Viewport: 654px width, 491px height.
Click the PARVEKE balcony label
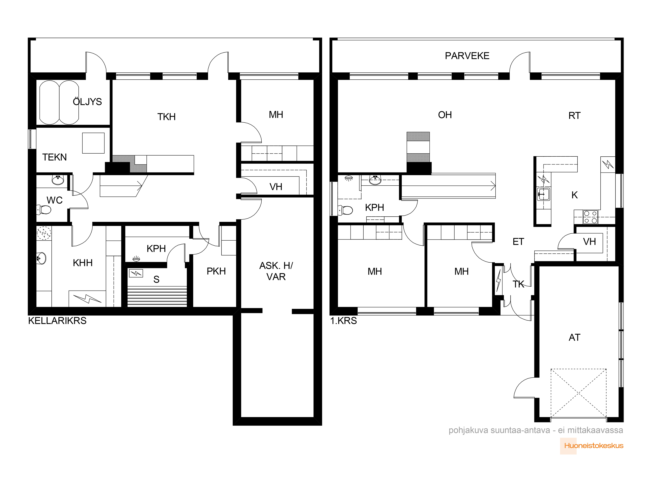pyautogui.click(x=467, y=56)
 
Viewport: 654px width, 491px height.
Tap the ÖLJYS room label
pyautogui.click(x=87, y=101)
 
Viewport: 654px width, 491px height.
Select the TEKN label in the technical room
pyautogui.click(x=54, y=157)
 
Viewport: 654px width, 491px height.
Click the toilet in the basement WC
pyautogui.click(x=44, y=210)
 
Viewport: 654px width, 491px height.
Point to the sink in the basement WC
pyautogui.click(x=58, y=180)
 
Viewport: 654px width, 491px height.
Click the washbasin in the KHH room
pyautogui.click(x=41, y=258)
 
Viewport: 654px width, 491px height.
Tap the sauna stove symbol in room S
pyautogui.click(x=136, y=273)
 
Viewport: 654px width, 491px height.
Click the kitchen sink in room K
pyautogui.click(x=543, y=194)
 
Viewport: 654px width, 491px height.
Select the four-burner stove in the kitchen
pyautogui.click(x=590, y=217)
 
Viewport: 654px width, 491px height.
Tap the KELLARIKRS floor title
pyautogui.click(x=57, y=321)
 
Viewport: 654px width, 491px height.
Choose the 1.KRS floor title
pyautogui.click(x=344, y=321)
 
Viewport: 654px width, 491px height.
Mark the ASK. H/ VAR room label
pyautogui.click(x=276, y=271)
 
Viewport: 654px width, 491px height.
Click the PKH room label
pyautogui.click(x=216, y=271)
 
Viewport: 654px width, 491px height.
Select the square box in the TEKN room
pyautogui.click(x=94, y=143)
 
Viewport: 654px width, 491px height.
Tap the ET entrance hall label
pyautogui.click(x=518, y=242)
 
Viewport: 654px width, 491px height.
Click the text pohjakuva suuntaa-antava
pyautogui.click(x=499, y=430)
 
